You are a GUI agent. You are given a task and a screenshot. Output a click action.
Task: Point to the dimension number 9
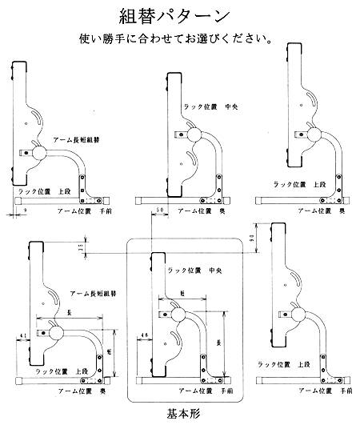click(26, 209)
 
